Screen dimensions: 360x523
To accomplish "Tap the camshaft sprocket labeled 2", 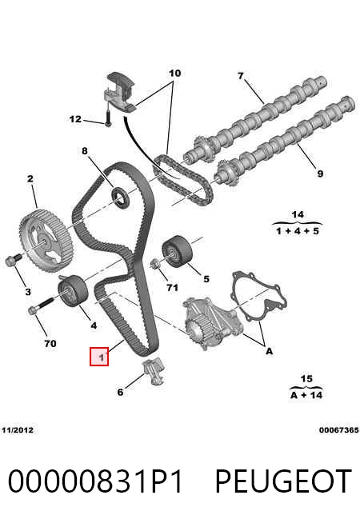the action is click(x=46, y=241).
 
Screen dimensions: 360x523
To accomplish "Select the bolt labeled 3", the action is click(x=13, y=259).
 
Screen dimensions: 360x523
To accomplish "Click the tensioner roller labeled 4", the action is click(x=73, y=289).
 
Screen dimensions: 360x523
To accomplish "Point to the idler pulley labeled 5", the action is click(x=177, y=251).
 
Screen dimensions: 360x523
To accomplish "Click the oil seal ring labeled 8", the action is click(x=120, y=198).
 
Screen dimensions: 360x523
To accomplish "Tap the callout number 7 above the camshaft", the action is click(x=241, y=76).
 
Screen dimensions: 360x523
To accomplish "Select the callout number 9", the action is click(x=320, y=174).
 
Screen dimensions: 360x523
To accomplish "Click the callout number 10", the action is click(x=175, y=73).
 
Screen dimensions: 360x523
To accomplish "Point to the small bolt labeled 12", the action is click(x=108, y=118).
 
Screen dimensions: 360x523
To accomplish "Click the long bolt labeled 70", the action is click(x=41, y=305).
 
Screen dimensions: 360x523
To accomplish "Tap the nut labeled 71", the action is click(x=155, y=264).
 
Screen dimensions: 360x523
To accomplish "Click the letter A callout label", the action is click(x=270, y=351).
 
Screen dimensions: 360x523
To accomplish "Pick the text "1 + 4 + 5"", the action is click(x=298, y=230).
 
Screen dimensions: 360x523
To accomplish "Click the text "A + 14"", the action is click(x=306, y=395).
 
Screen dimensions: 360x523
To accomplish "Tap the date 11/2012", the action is click(x=18, y=430).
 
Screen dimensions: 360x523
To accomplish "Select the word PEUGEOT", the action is click(x=283, y=481).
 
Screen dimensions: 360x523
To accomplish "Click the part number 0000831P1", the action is click(x=95, y=481).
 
